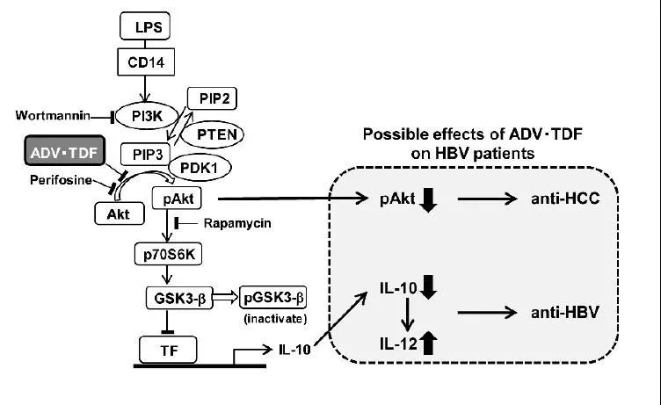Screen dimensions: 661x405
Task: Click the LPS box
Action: point(145,26)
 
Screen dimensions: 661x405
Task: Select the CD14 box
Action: point(146,62)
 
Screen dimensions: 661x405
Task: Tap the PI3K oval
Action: point(147,116)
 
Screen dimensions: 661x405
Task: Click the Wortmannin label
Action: point(53,115)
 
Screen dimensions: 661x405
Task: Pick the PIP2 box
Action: point(212,98)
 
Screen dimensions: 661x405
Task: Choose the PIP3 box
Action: point(145,155)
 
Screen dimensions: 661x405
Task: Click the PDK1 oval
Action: point(200,168)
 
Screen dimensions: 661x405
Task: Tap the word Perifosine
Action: point(62,180)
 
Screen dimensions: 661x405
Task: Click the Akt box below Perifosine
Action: point(120,213)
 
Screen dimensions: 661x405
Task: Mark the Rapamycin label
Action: point(237,223)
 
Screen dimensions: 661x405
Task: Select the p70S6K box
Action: point(168,254)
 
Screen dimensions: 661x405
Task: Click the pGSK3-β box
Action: point(273,298)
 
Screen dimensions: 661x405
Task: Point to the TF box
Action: point(168,350)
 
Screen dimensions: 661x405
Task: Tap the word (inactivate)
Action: point(275,319)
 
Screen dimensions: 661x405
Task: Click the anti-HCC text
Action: point(565,198)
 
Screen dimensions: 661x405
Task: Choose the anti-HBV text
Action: point(565,312)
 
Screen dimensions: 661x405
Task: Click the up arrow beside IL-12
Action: point(428,343)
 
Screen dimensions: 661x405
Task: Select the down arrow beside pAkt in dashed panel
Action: point(429,199)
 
